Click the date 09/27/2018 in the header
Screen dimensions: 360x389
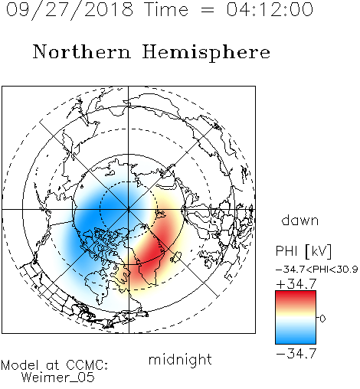pos(70,10)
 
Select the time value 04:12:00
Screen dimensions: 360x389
pos(270,9)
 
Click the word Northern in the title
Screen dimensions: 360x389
pos(82,52)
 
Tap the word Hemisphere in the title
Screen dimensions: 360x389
pos(206,53)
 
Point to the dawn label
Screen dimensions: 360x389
pos(300,220)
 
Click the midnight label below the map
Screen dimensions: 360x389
pos(180,359)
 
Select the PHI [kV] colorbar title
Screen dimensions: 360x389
pos(303,251)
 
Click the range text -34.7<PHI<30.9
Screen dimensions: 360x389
pos(317,270)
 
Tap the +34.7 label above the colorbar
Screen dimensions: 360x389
pos(296,283)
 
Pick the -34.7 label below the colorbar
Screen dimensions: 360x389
pos(296,354)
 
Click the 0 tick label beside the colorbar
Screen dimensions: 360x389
pos(322,319)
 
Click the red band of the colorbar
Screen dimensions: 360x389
pos(296,296)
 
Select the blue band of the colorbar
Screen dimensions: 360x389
pos(296,337)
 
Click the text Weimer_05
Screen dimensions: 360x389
pos(58,378)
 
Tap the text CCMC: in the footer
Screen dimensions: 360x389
pos(87,365)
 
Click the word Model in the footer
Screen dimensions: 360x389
pos(20,365)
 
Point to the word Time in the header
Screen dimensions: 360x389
pos(166,9)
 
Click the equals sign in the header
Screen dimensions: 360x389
pos(207,10)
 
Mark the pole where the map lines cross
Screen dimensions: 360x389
pos(129,210)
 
